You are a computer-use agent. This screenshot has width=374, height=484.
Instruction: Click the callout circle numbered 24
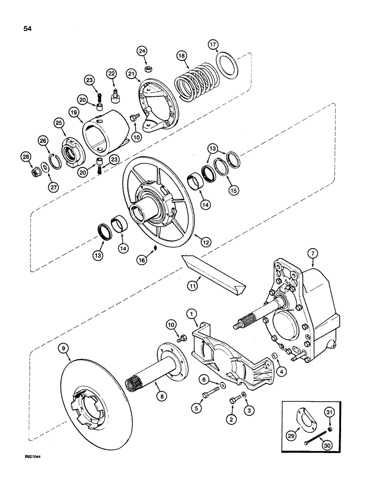[x=141, y=50]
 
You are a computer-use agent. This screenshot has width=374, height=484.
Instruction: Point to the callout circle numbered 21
[x=132, y=73]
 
